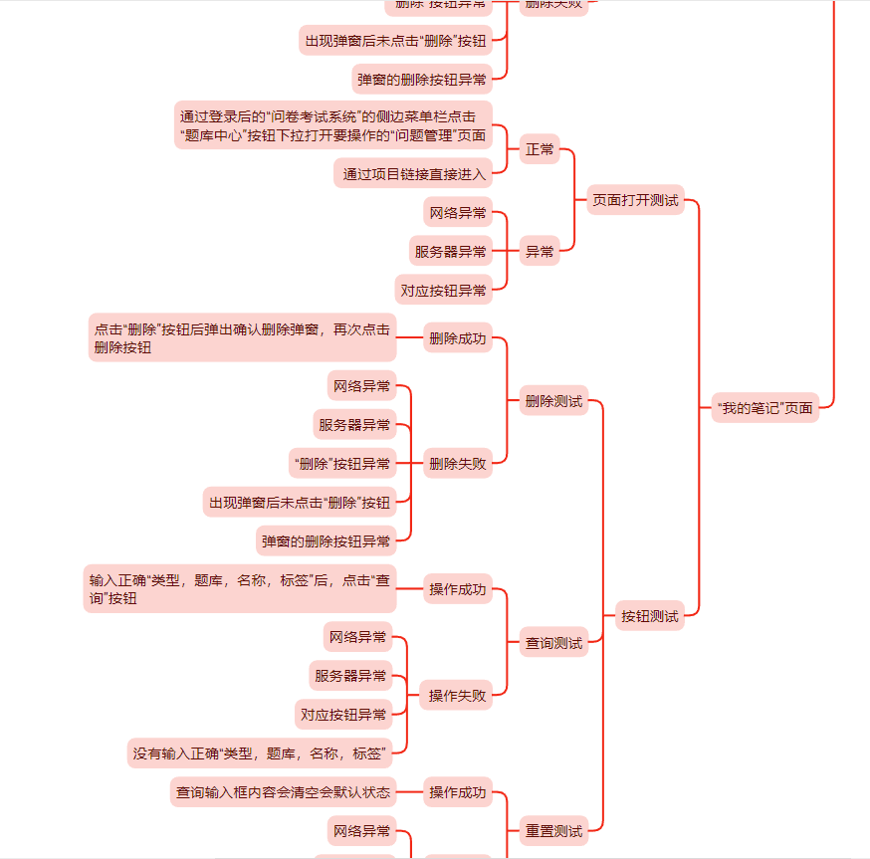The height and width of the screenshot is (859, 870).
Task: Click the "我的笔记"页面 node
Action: [764, 407]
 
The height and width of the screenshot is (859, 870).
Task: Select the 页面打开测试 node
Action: [635, 200]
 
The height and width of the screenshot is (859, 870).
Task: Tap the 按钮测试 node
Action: [649, 616]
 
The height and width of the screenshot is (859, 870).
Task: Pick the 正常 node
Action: [540, 149]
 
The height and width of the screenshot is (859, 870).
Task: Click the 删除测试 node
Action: [553, 402]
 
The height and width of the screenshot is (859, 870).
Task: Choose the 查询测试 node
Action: [553, 643]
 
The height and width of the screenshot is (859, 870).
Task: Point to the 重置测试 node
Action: [553, 830]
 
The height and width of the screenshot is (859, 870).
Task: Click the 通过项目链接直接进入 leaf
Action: [413, 174]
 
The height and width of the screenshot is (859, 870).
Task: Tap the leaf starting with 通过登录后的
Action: [332, 125]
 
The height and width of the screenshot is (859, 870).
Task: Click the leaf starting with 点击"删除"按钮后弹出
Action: [242, 337]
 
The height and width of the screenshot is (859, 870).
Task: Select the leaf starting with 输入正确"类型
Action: [239, 588]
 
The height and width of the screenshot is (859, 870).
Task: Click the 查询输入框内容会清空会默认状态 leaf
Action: [284, 792]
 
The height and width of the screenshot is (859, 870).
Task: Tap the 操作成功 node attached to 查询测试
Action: [458, 590]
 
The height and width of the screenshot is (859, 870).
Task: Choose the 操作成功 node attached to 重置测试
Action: [458, 792]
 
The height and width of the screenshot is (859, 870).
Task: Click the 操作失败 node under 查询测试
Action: [458, 696]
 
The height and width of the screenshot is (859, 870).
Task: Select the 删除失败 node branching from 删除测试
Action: [458, 463]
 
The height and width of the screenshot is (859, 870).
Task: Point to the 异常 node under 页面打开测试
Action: [540, 252]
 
